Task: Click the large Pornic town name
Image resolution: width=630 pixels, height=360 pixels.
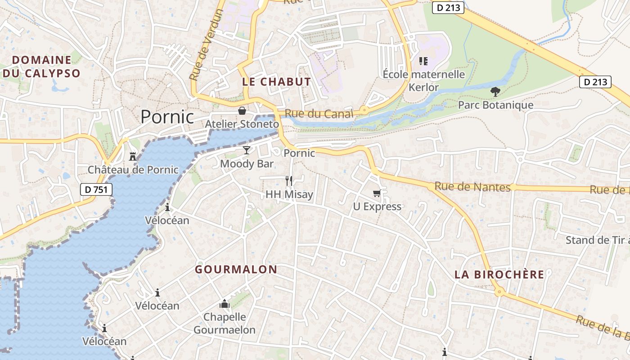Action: [x=167, y=117]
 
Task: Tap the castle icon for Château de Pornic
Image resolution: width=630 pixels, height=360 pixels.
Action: [x=133, y=156]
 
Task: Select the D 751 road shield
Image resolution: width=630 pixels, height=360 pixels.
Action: [x=96, y=189]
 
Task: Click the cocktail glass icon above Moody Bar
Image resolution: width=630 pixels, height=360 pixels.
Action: [x=247, y=150]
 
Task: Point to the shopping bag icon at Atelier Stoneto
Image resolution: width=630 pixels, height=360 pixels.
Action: [x=242, y=110]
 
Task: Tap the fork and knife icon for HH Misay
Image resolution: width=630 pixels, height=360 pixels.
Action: [x=289, y=181]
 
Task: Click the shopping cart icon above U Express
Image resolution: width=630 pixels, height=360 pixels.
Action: [x=377, y=193]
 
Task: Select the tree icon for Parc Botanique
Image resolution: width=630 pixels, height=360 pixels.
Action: [x=495, y=92]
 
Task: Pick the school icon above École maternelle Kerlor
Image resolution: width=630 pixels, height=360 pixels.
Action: [x=423, y=61]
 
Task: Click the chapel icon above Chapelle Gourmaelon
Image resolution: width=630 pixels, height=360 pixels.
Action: [x=225, y=304]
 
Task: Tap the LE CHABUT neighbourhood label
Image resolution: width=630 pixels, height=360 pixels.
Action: [x=276, y=82]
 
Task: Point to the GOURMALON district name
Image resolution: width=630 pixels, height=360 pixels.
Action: [x=236, y=270]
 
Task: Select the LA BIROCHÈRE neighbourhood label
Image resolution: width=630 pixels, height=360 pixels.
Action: [x=499, y=274]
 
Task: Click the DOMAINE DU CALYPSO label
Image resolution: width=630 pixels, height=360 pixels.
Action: [x=42, y=67]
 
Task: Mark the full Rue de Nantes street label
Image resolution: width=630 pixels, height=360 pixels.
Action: [x=472, y=187]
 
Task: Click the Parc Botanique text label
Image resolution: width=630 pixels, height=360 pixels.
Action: [x=495, y=105]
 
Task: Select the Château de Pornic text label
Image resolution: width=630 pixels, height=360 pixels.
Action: [x=133, y=170]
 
